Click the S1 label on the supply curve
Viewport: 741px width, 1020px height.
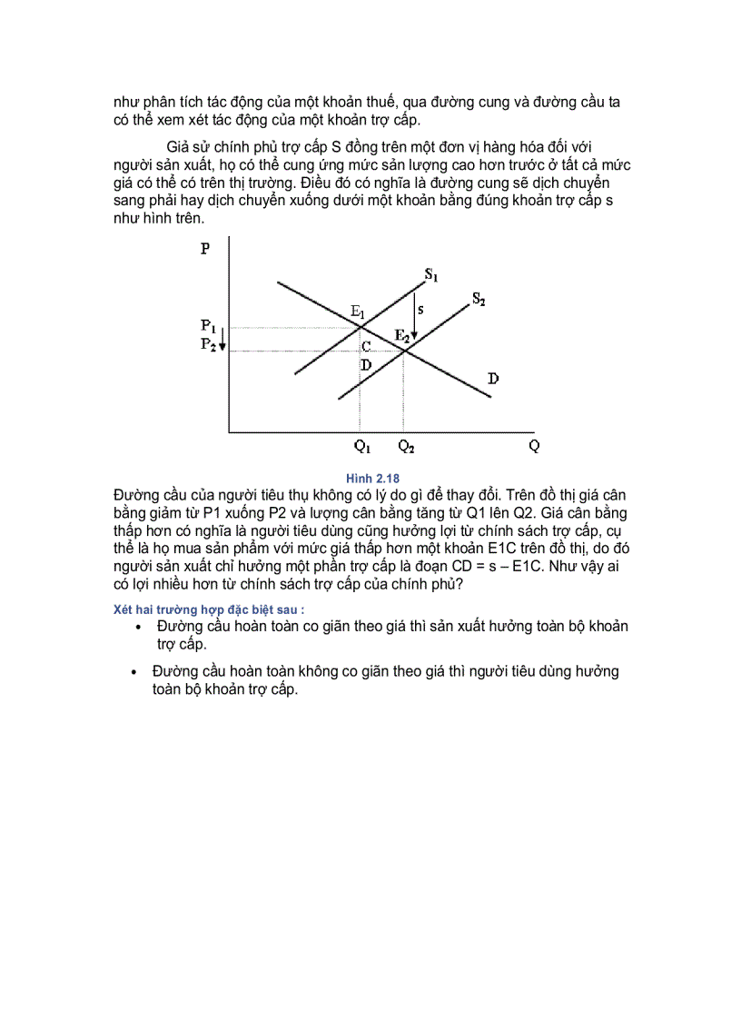[x=431, y=273]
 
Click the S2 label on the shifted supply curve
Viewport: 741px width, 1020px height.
[x=478, y=299]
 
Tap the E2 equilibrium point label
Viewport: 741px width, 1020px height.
[x=401, y=335]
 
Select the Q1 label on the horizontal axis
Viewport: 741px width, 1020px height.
[x=362, y=446]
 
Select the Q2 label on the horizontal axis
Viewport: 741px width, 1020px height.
[x=406, y=446]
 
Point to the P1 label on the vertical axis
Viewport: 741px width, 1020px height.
[x=208, y=324]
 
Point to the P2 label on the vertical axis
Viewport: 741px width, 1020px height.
[x=208, y=343]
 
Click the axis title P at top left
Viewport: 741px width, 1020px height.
[x=206, y=249]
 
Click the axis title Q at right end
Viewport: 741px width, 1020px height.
[x=533, y=446]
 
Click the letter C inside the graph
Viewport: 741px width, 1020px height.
[x=366, y=347]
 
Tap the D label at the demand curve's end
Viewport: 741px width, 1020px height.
[x=493, y=378]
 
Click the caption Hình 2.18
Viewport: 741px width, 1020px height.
[x=372, y=478]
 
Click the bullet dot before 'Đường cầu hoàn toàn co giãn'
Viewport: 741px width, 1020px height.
[x=137, y=628]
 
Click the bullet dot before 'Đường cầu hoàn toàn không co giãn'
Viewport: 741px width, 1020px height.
[x=135, y=672]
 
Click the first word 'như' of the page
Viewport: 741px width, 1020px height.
[x=125, y=103]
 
